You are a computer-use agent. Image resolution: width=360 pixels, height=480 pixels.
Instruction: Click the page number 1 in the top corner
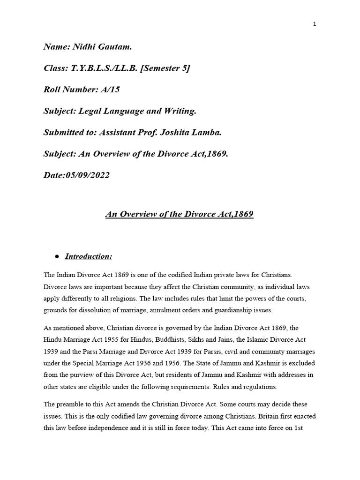[315, 25]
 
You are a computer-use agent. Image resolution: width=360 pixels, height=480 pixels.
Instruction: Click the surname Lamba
[206, 133]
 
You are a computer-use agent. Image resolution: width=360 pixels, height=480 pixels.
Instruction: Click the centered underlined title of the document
[180, 214]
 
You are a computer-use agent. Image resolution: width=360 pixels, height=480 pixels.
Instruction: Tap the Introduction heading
[89, 256]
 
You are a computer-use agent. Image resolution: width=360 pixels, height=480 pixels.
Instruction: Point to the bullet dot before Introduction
[57, 257]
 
